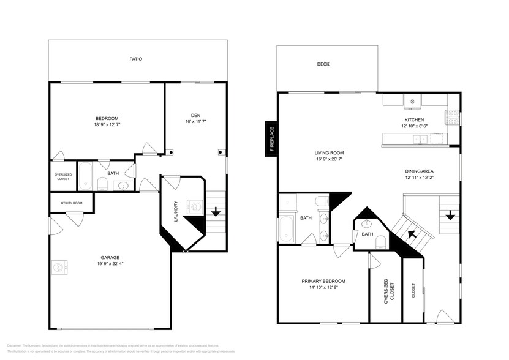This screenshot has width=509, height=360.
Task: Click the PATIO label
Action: coord(135,59)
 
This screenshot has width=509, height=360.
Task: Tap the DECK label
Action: coord(323,64)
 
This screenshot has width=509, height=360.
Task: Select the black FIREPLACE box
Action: coord(270,140)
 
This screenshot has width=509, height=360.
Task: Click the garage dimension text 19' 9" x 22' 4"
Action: coord(110,264)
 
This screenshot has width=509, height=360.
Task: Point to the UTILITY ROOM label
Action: coord(71,203)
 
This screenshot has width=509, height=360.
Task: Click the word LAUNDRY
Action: coord(175,211)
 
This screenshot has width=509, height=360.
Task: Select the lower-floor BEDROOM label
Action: coord(107,118)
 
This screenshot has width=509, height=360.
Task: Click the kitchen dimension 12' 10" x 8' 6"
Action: coord(414,126)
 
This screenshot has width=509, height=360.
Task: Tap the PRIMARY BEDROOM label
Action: coord(323,281)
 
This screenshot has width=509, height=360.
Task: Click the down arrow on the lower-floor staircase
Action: coord(216,212)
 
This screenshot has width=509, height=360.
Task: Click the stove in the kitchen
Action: coord(454,114)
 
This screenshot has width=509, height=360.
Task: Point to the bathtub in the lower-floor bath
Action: coord(85,176)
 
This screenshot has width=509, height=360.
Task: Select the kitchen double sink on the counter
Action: coord(420,140)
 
